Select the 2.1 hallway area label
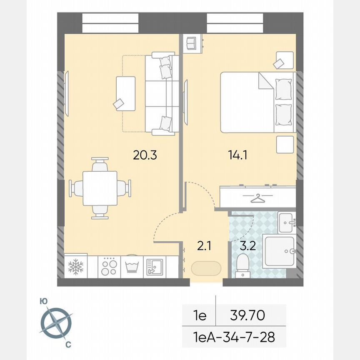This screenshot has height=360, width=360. pos(205,246)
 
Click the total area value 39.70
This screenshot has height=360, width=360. pos(247,315)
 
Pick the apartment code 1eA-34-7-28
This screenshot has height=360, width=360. pos(234,336)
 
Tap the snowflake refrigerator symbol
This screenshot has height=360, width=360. pos(75,266)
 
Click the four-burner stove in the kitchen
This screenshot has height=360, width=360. pos(109,266)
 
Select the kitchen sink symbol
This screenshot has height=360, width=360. pos(155,267)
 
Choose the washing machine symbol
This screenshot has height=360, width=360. pos(132,267)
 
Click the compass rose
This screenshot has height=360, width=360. pos(56,322)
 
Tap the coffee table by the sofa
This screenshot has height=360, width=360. pos(127,93)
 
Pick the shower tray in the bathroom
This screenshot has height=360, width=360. pos(279,252)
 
